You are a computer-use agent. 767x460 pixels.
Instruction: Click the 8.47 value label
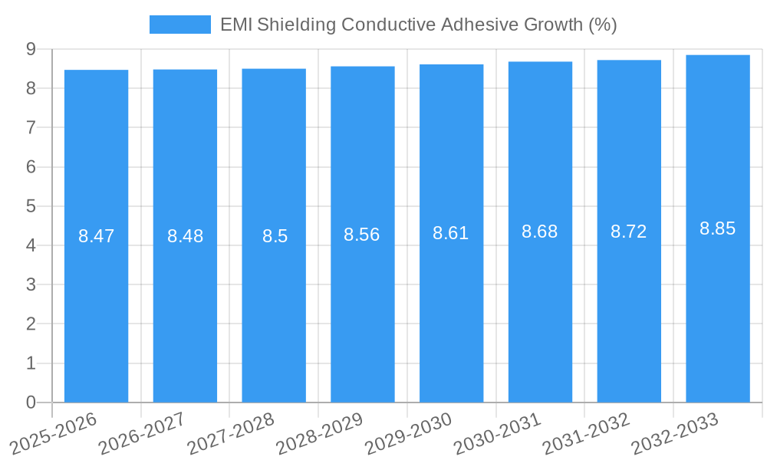pyautogui.click(x=96, y=236)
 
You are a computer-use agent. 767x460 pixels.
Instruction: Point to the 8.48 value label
pyautogui.click(x=185, y=236)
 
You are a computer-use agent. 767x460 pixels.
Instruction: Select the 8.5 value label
pyautogui.click(x=275, y=236)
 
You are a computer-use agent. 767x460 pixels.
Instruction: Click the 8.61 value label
pyautogui.click(x=451, y=233)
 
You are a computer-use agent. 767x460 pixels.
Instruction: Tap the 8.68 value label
pyautogui.click(x=540, y=232)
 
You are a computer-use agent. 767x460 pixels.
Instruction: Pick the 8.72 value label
pyautogui.click(x=628, y=232)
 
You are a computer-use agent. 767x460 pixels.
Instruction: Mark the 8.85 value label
pyautogui.click(x=717, y=228)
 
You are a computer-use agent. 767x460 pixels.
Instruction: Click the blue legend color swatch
pyautogui.click(x=179, y=25)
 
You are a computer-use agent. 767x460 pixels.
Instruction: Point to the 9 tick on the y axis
pyautogui.click(x=31, y=49)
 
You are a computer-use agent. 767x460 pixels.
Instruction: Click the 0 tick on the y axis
pyautogui.click(x=31, y=402)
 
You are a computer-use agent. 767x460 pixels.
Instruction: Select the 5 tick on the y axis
pyautogui.click(x=31, y=206)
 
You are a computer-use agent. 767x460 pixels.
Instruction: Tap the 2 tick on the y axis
pyautogui.click(x=31, y=324)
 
